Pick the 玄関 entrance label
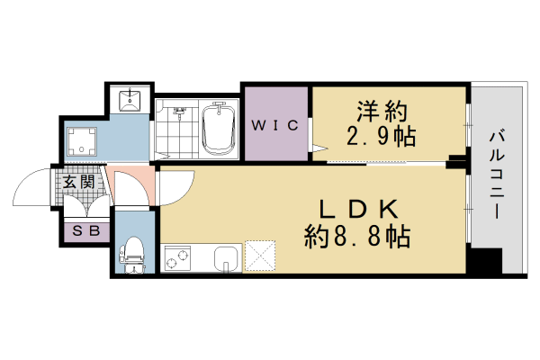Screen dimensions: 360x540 pos(78,183)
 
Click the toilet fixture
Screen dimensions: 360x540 pos(133,251)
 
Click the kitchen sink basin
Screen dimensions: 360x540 pos(227,257)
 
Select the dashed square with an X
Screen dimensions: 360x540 pos(262,256)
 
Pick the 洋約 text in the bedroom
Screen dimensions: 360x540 pos(378,112)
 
